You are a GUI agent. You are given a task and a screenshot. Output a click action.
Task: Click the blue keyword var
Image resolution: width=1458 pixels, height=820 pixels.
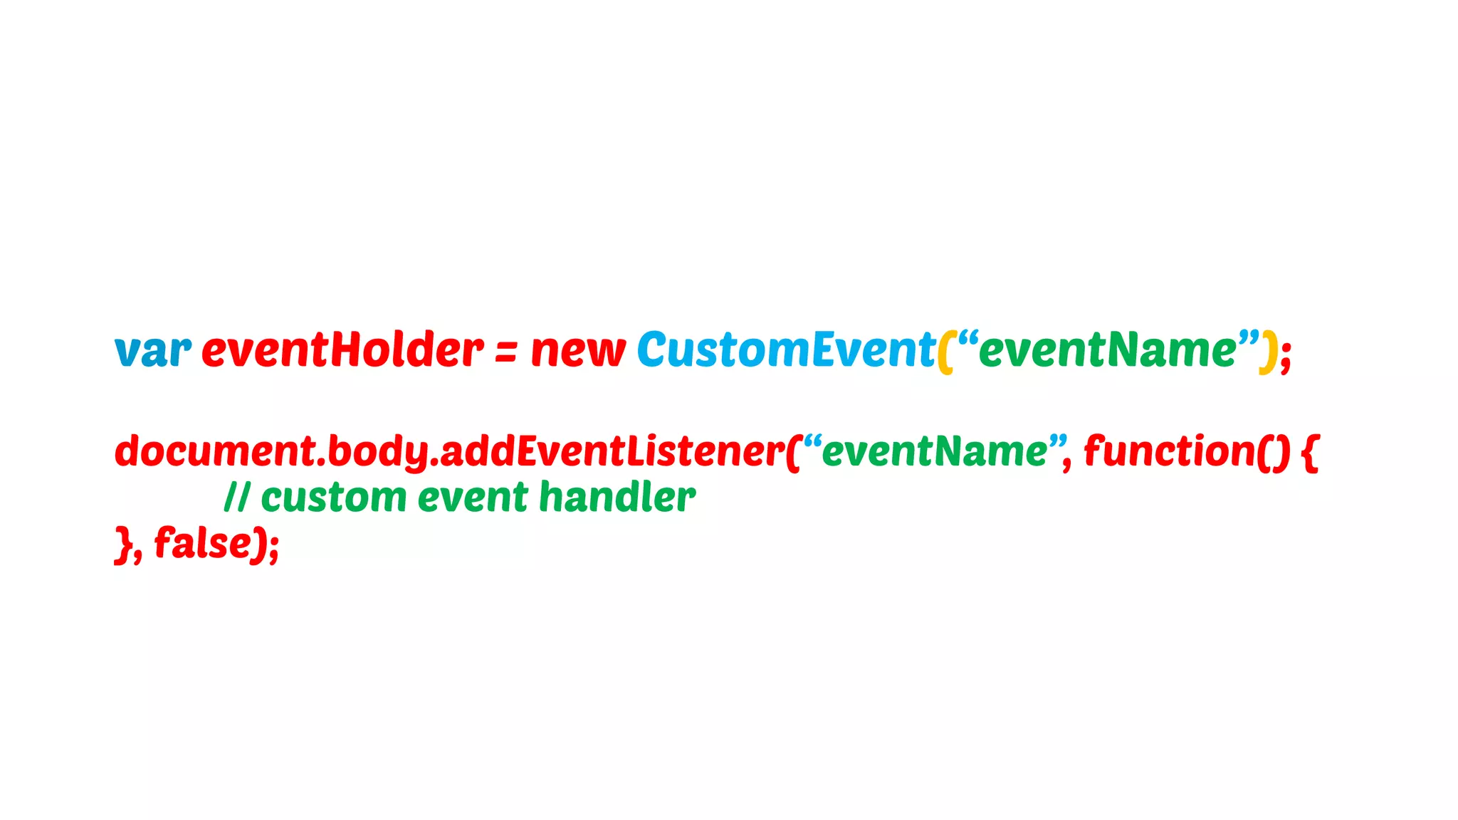[x=152, y=351]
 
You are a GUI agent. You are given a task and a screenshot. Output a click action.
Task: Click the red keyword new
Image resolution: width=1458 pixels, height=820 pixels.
[x=578, y=351]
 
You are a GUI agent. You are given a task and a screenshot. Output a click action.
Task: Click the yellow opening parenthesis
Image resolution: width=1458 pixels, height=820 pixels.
[x=945, y=352]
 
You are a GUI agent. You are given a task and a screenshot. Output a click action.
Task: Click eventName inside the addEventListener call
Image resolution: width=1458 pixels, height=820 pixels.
[x=935, y=451]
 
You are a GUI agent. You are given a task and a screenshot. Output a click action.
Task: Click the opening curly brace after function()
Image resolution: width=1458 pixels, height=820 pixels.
[x=1310, y=453]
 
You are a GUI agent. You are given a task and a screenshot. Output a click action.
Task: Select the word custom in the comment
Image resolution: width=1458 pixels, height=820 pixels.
[x=334, y=497]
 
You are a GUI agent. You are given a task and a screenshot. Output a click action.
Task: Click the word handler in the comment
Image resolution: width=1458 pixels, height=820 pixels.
[x=617, y=496]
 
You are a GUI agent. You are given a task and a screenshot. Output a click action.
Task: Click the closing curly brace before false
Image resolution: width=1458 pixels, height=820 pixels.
[x=123, y=545]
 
